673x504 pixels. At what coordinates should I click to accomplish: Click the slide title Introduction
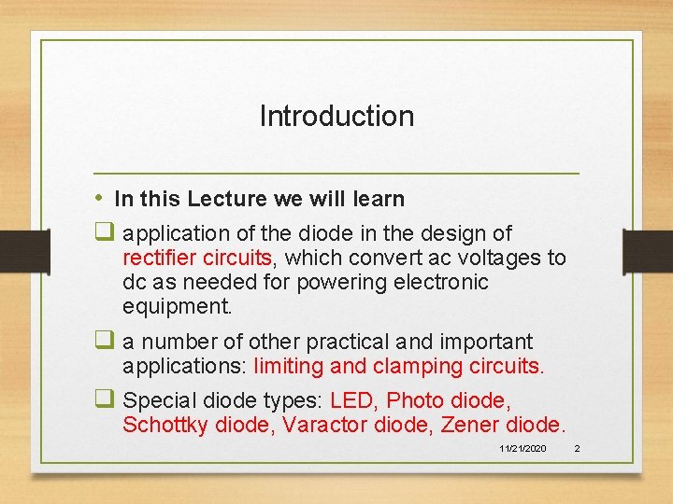click(x=336, y=117)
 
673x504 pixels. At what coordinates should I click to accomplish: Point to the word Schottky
click(x=165, y=426)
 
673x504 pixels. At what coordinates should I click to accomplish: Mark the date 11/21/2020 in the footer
click(x=523, y=450)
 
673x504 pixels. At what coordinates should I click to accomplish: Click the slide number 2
click(x=577, y=450)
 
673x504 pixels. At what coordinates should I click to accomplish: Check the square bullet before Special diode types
click(x=104, y=400)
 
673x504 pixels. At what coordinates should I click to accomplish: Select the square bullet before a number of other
click(x=104, y=342)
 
